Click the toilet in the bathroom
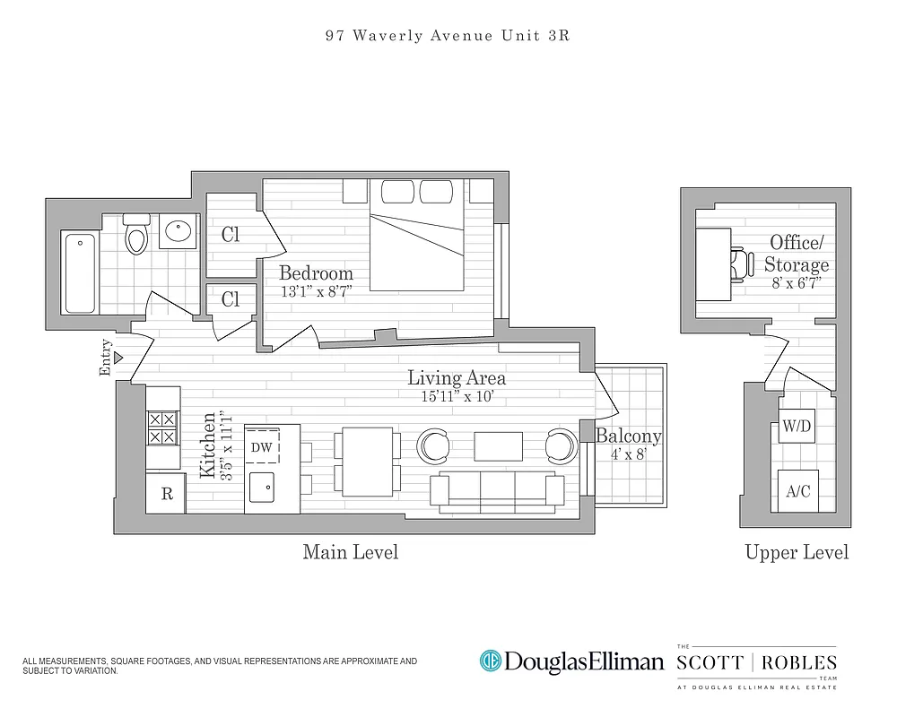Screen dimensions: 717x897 [136, 236]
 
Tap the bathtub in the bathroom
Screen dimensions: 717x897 [80, 272]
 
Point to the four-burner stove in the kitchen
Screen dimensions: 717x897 [162, 428]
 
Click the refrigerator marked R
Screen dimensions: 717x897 [167, 494]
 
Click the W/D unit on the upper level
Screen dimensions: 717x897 [796, 427]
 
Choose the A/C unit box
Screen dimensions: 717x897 [797, 490]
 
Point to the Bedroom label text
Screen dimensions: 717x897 [316, 273]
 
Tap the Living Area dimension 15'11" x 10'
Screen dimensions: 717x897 [456, 395]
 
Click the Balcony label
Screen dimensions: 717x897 [628, 436]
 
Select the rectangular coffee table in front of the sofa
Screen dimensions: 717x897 [498, 445]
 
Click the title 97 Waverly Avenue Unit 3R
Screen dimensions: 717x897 [448, 37]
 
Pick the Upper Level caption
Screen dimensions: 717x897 [797, 552]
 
